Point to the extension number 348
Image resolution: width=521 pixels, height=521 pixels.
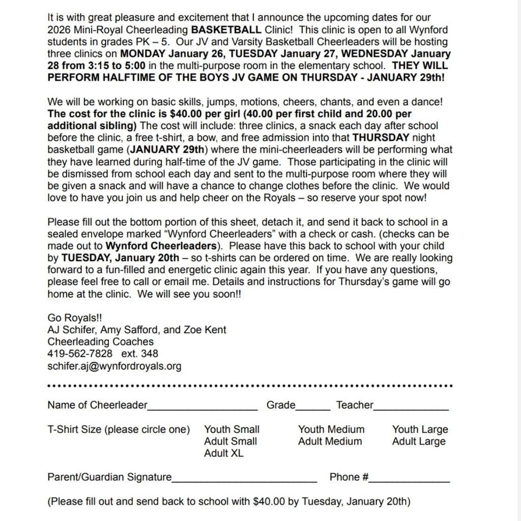pos(150,354)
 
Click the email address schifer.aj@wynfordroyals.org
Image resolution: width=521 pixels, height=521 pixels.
pos(114,366)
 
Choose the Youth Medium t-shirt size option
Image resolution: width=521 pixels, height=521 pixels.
pos(331,429)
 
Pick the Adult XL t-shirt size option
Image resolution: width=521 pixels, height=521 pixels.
pos(224,453)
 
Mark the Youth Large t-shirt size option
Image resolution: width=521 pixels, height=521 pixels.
pos(420,429)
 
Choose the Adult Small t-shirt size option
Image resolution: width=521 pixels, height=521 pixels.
pos(230,442)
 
